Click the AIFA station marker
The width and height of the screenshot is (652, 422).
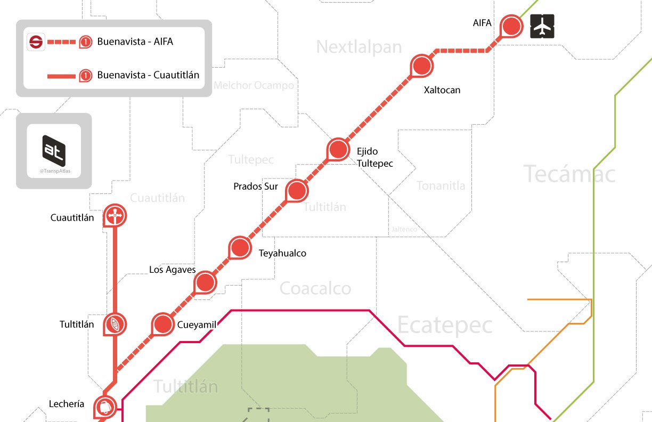[511, 26]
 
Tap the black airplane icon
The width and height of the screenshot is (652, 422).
[542, 26]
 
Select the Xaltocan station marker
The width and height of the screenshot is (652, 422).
[422, 66]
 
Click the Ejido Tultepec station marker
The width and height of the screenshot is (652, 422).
[337, 150]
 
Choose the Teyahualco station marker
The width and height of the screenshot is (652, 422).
[240, 248]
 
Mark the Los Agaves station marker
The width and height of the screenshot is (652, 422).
[205, 282]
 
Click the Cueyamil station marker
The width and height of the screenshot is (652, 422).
[163, 324]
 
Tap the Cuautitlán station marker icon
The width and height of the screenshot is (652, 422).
[115, 215]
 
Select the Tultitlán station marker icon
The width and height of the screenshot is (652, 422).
[115, 323]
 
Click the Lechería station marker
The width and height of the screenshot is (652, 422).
[105, 407]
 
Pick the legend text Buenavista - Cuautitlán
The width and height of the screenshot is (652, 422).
[148, 75]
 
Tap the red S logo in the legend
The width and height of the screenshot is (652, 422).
[36, 42]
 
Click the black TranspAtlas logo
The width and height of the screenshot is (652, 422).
[54, 148]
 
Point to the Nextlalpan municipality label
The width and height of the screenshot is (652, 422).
[358, 47]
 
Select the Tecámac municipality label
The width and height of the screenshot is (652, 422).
[569, 174]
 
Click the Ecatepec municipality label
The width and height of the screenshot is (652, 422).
[445, 324]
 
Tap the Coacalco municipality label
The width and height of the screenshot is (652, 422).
[315, 289]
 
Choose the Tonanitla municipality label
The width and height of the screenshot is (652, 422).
[441, 185]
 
